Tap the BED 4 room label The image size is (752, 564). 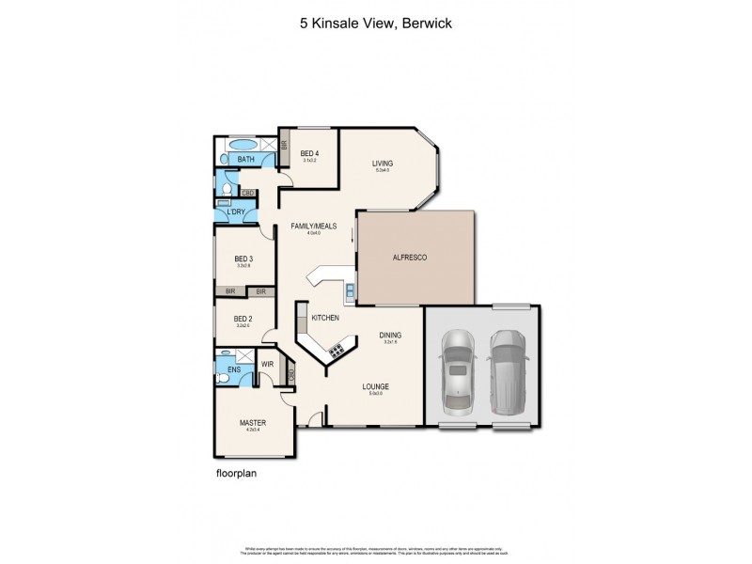[x=309, y=153]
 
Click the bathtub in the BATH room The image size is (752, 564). [x=242, y=145]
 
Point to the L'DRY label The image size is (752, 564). [x=236, y=211]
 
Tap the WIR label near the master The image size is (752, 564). [x=267, y=363]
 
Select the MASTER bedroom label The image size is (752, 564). [x=252, y=423]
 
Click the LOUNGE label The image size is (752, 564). [x=376, y=386]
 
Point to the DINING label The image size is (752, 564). [x=390, y=335]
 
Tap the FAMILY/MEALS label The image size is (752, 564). [x=313, y=226]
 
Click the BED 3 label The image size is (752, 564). [x=243, y=259]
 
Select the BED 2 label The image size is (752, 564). [x=243, y=319]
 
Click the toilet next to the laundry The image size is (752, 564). [x=226, y=189]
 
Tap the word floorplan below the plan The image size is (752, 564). [x=236, y=474]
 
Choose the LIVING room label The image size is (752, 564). [x=382, y=164]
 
